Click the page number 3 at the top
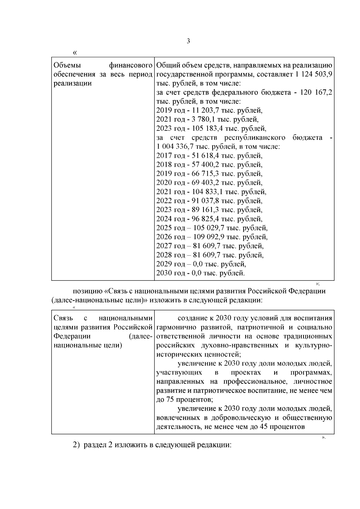point(188,41)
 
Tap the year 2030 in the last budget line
point(164,273)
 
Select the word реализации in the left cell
point(72,83)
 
